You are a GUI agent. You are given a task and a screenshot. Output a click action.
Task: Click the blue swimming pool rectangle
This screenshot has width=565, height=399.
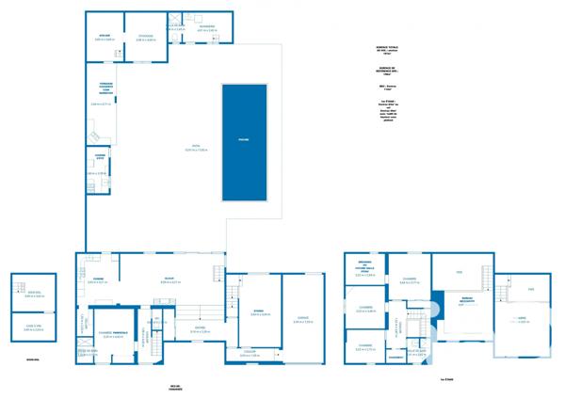point(244,142)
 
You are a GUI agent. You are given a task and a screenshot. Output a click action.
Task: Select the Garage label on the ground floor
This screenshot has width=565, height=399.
point(302,319)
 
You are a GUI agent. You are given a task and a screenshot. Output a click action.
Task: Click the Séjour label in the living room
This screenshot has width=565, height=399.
point(169,279)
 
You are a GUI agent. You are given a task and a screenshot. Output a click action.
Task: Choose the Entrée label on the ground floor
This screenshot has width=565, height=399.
point(200,328)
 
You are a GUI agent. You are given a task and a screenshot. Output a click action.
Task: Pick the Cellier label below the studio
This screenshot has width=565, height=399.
point(250,353)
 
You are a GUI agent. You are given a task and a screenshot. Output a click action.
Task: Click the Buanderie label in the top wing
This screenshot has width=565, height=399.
point(207,26)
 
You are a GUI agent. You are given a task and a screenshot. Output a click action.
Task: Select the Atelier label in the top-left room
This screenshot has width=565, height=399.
point(104,36)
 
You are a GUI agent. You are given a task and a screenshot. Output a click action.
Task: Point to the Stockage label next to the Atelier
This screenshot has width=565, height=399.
point(145,36)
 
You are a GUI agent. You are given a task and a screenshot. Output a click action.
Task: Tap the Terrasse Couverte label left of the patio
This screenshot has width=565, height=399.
point(105,89)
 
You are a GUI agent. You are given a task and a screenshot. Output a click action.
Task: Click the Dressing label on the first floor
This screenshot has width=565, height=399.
point(360,263)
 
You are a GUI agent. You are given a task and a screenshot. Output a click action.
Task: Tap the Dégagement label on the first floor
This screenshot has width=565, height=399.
point(395,358)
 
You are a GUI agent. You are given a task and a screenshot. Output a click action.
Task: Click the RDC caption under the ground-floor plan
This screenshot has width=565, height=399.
point(175,387)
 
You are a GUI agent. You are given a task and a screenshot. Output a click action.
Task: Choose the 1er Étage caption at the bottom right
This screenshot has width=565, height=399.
point(446,380)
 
